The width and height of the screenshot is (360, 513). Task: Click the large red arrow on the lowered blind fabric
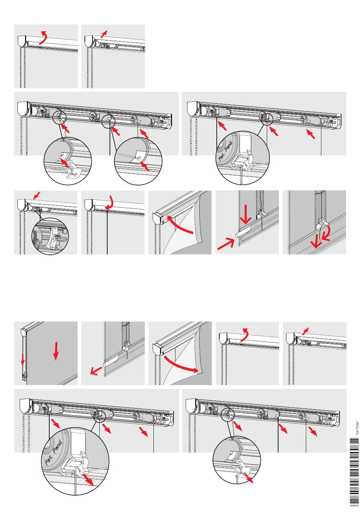[56, 351]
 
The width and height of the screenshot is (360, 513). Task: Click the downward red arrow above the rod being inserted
[246, 214]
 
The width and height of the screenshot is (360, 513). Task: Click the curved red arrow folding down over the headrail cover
[109, 201]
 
